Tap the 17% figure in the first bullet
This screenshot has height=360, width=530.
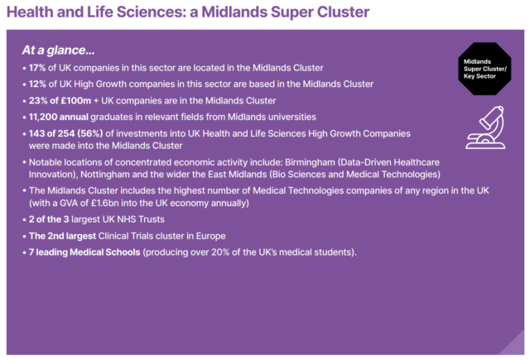(40, 68)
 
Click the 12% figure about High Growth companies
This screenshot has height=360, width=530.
(40, 84)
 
